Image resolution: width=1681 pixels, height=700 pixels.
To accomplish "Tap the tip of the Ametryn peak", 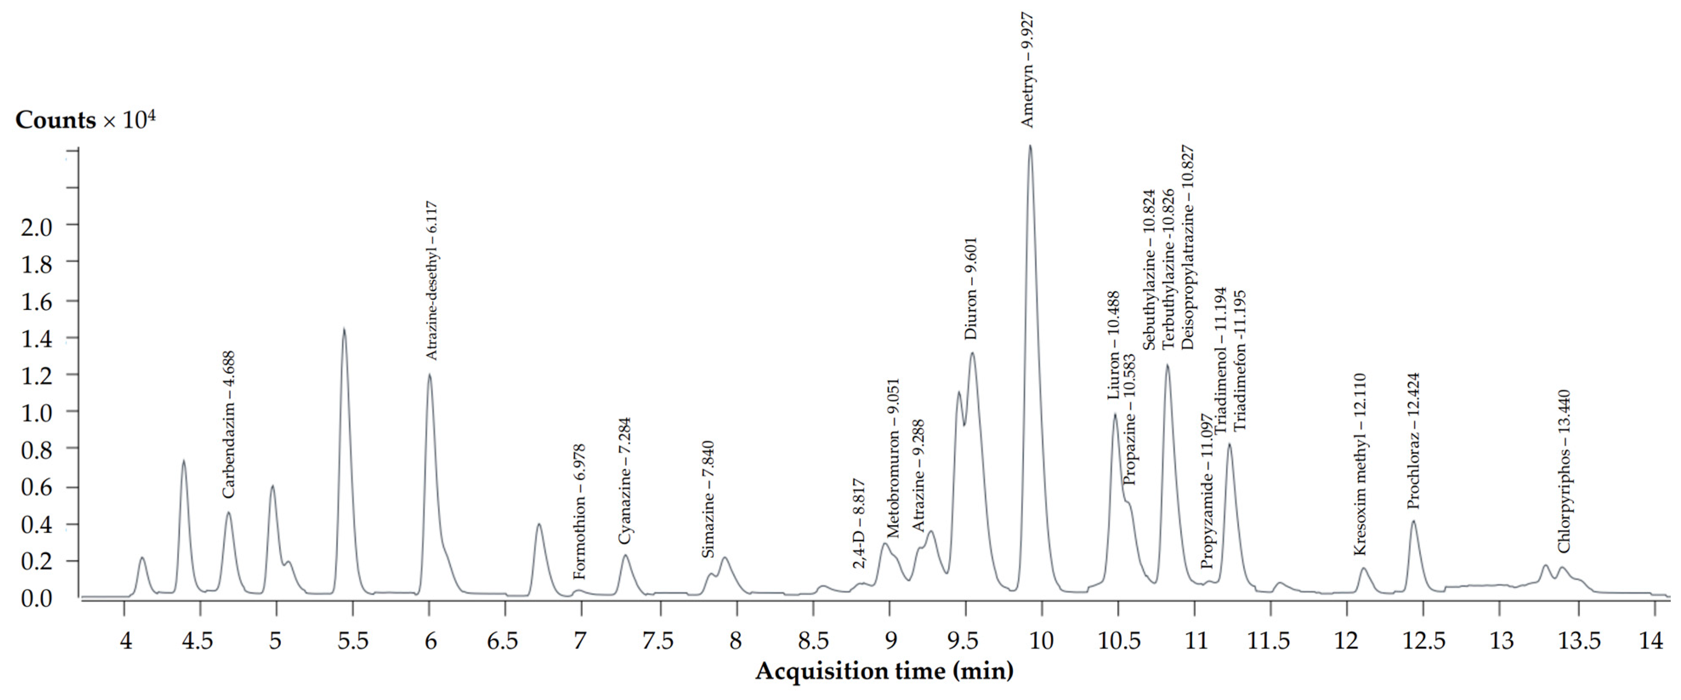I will pyautogui.click(x=1030, y=146).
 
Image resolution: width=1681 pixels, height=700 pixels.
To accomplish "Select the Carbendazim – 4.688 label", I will pyautogui.click(x=228, y=425).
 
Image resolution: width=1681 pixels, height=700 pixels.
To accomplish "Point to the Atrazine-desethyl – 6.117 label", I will pyautogui.click(x=431, y=281).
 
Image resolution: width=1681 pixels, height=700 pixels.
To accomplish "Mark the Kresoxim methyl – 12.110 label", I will pyautogui.click(x=1360, y=465).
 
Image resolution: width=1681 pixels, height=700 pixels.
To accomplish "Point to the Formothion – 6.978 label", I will pyautogui.click(x=579, y=512).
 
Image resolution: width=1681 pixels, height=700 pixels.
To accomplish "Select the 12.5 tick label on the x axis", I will pyautogui.click(x=1423, y=641).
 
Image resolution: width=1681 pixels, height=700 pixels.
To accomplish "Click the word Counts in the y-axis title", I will pyautogui.click(x=56, y=121).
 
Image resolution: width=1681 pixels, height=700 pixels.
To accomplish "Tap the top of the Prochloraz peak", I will pyautogui.click(x=1414, y=521).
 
